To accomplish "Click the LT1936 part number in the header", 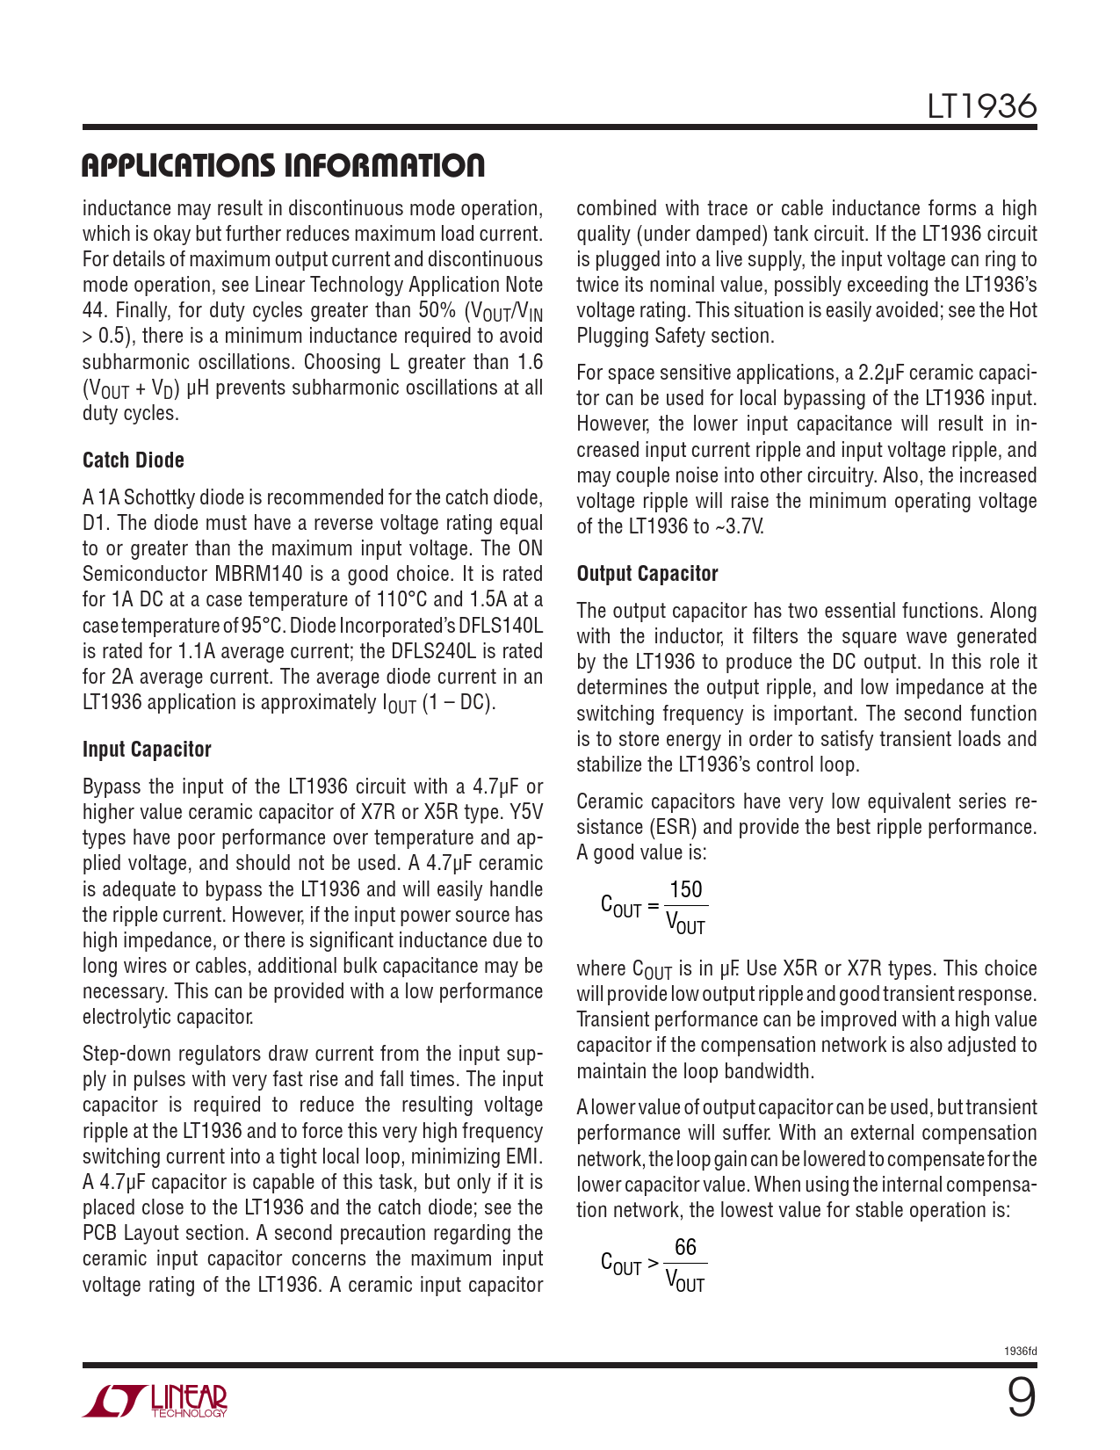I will [x=981, y=106].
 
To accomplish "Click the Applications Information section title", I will [x=283, y=165].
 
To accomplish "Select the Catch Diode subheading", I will [x=134, y=460].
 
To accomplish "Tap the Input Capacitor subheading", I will [x=147, y=750].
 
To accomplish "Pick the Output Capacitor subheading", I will [x=647, y=574].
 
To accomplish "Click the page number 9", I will [x=1020, y=1398].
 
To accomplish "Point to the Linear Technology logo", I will [x=155, y=1402].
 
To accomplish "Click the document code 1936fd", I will [x=1020, y=1352].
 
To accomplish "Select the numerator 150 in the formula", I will [x=686, y=889].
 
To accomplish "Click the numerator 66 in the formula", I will [x=685, y=1248].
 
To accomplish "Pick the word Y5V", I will [x=526, y=812].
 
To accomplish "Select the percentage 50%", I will [x=432, y=310].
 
